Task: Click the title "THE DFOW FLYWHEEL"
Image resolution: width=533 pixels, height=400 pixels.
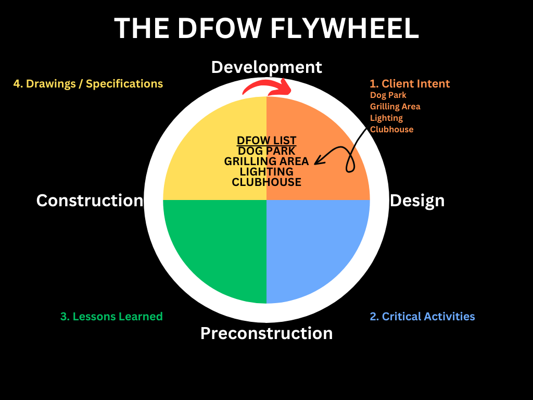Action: [266, 28]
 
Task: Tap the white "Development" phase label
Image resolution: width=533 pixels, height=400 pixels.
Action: [266, 67]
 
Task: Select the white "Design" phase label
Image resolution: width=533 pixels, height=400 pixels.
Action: [417, 201]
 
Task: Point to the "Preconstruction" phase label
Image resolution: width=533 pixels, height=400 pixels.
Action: [266, 333]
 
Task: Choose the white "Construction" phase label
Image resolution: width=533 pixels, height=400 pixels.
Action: [90, 201]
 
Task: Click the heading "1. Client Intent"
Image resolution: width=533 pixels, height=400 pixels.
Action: [410, 83]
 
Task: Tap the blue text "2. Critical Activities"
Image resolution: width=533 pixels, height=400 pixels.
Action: [422, 316]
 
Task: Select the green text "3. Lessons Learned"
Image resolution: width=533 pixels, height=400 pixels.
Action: [111, 316]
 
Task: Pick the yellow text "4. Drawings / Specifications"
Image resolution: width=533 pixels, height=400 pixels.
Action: [88, 83]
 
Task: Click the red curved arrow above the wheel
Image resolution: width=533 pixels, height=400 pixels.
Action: [266, 86]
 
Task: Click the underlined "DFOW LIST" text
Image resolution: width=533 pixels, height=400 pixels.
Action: [266, 141]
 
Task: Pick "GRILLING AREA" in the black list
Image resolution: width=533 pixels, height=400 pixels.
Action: [266, 161]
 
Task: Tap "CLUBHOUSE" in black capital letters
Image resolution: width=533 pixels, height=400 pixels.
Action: [266, 182]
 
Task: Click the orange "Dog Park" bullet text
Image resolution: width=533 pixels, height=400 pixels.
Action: [388, 95]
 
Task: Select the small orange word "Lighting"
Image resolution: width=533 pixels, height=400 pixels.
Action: [386, 118]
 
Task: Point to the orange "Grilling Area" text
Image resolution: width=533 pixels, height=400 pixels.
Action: [395, 107]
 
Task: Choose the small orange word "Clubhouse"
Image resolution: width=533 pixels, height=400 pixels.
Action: [391, 130]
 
